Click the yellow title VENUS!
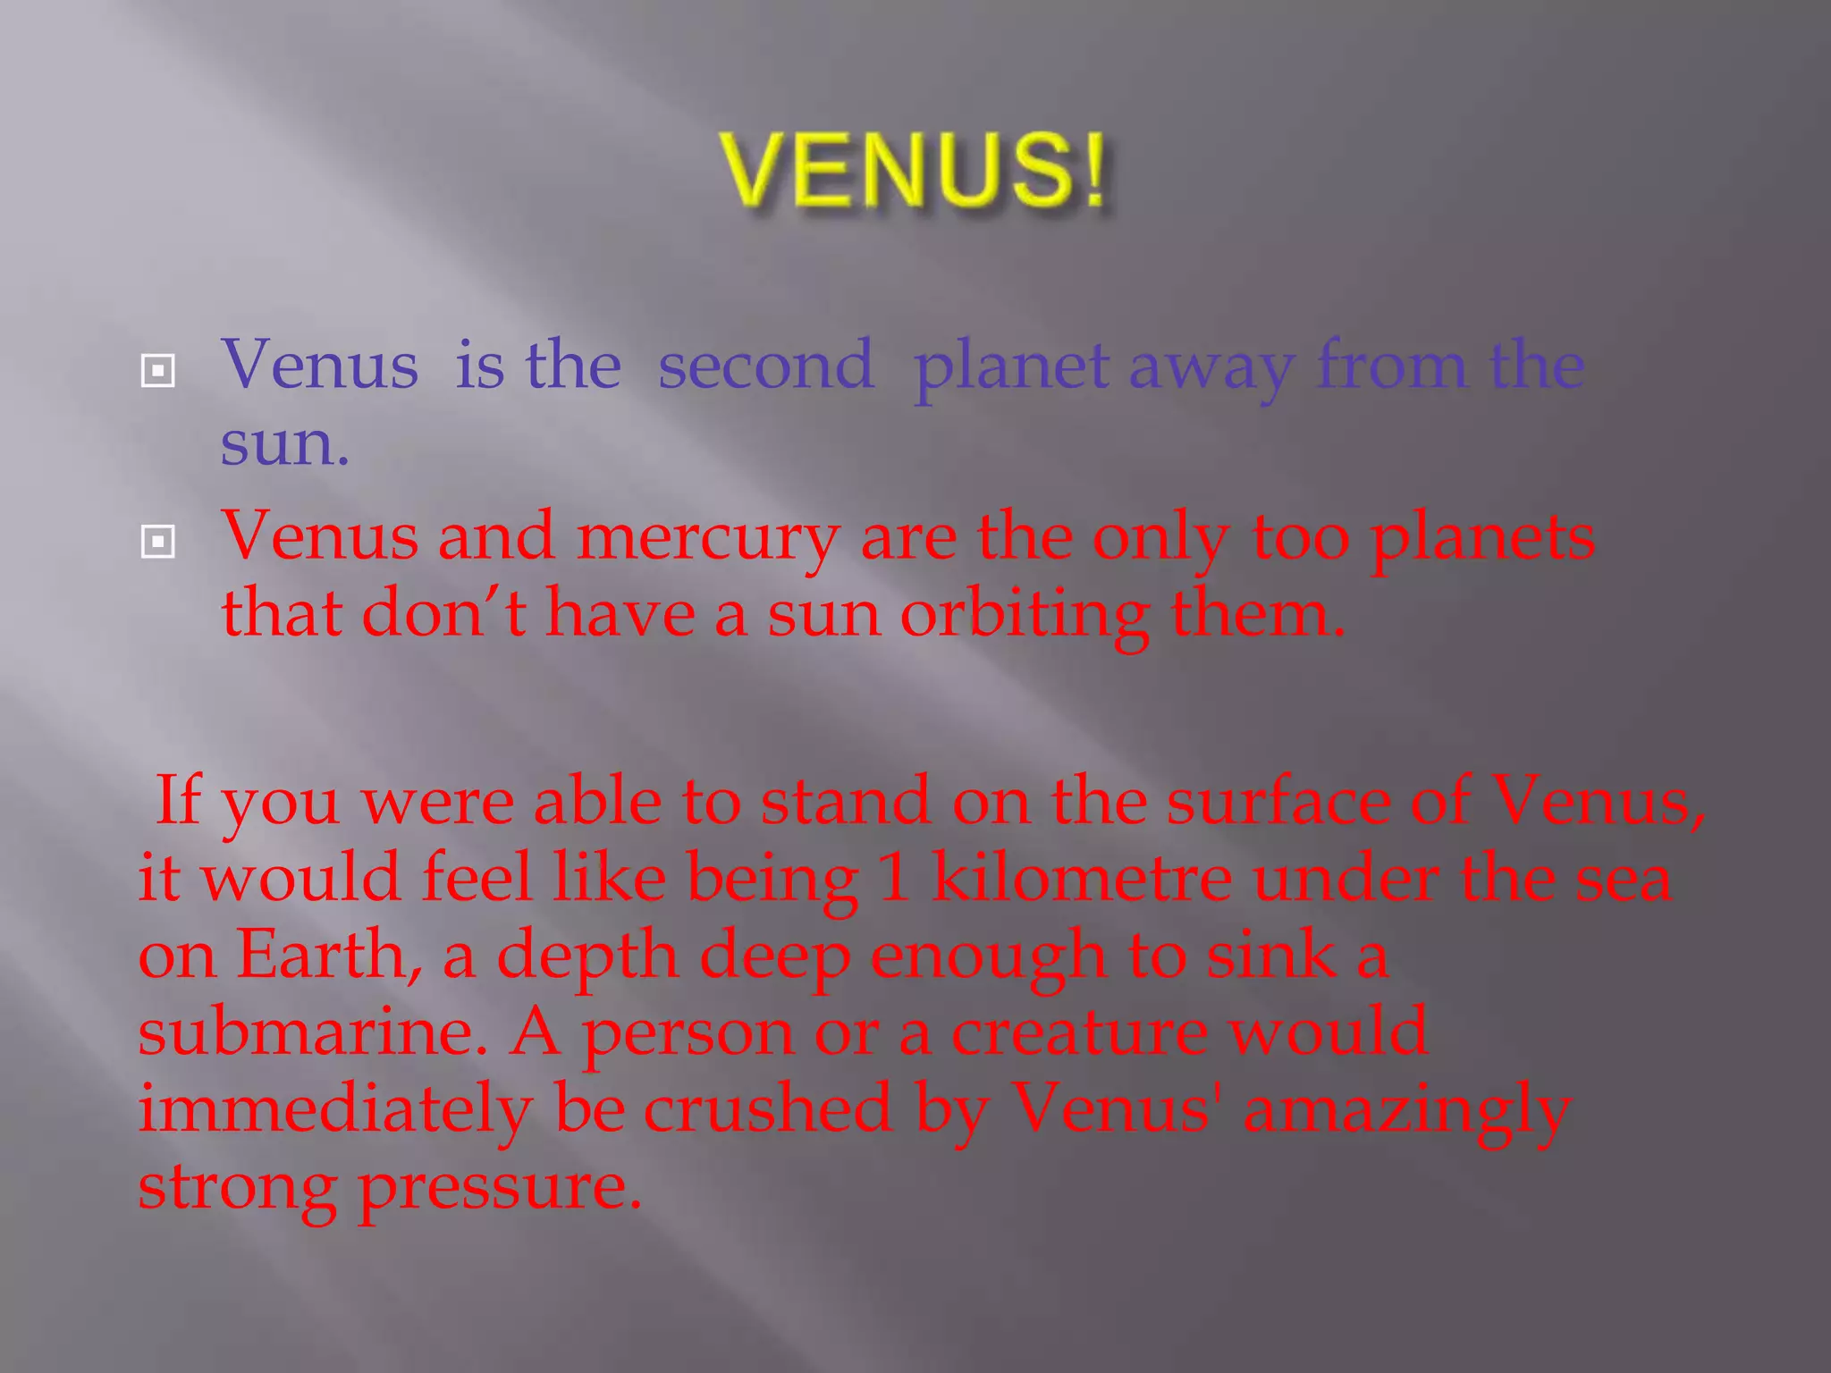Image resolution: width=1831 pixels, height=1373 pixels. click(x=914, y=170)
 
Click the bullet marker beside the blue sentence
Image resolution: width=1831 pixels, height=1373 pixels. click(x=158, y=370)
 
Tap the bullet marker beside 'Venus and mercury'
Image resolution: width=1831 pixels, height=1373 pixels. click(x=158, y=541)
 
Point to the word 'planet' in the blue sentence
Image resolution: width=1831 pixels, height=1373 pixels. click(x=1011, y=368)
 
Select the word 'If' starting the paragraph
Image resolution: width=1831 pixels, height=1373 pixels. click(x=177, y=799)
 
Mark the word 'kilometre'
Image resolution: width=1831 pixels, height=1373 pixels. click(x=1081, y=877)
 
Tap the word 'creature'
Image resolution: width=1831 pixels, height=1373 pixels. click(x=1079, y=1032)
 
